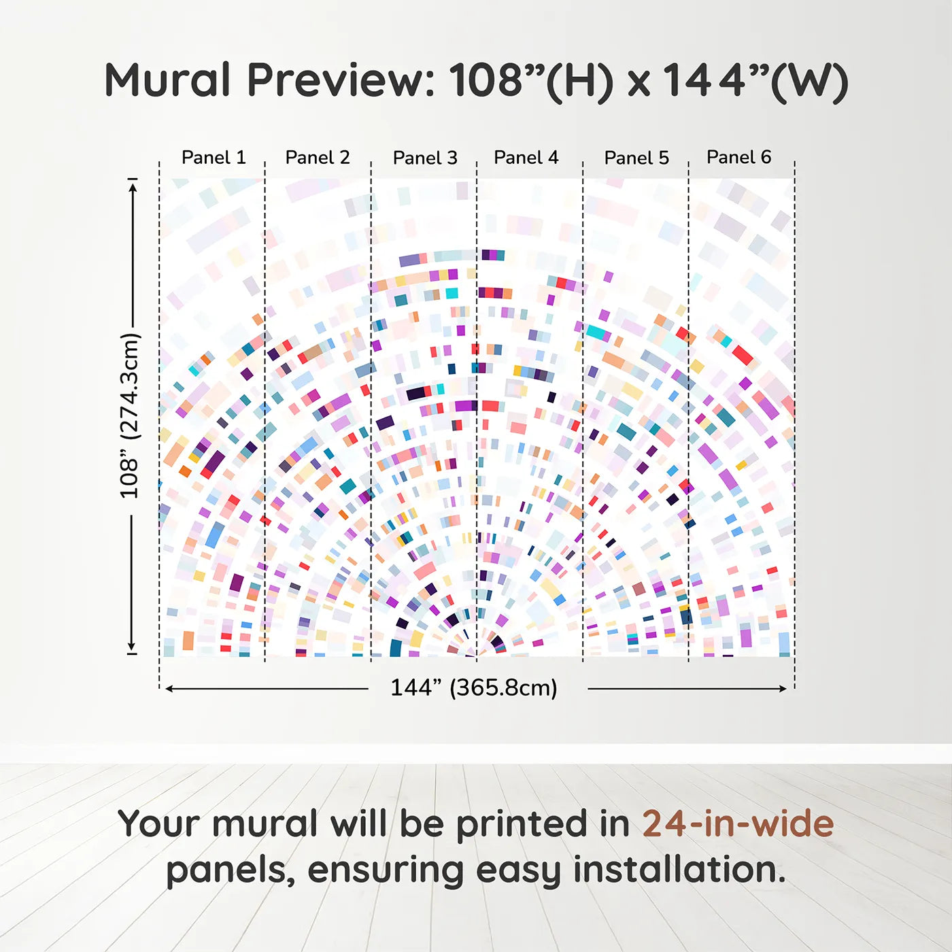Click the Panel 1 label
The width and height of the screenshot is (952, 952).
point(214,157)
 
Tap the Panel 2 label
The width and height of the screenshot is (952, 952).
point(318,157)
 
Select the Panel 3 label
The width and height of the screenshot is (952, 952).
point(425,158)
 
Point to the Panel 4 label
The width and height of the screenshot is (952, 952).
point(526,157)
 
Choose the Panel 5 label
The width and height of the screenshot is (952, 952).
point(636,158)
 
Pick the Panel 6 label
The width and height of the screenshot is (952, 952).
point(738,156)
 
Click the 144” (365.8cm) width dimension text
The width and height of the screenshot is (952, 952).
point(474,687)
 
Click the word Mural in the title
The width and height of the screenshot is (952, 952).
point(168,80)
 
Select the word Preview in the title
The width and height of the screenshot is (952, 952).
point(341,81)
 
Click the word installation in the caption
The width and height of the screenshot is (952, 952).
point(679,870)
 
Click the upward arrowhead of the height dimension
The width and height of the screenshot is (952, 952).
point(131,187)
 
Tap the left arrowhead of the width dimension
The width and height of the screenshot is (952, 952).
point(169,688)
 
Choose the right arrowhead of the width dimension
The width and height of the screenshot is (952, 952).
point(783,688)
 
